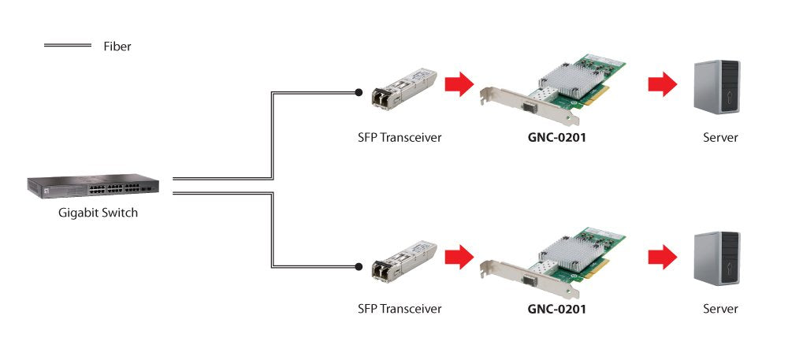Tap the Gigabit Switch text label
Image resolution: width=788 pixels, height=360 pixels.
click(x=98, y=213)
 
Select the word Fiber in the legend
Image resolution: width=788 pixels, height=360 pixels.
click(x=117, y=46)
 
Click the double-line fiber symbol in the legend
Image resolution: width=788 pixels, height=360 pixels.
click(x=68, y=46)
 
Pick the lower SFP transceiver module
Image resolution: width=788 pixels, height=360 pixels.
click(x=404, y=259)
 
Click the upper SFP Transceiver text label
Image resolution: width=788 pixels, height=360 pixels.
click(x=400, y=138)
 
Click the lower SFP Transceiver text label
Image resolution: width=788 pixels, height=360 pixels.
click(x=400, y=309)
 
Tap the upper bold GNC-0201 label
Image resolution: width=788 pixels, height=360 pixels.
click(x=557, y=138)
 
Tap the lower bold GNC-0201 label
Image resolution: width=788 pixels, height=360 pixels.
click(x=557, y=309)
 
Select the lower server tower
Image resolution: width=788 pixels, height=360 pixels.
click(x=716, y=258)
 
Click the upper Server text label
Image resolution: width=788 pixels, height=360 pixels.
click(x=720, y=138)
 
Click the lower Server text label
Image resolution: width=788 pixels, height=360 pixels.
click(x=720, y=309)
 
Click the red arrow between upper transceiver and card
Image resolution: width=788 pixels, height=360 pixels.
click(x=459, y=84)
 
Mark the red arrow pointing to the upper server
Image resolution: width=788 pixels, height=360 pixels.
click(x=663, y=84)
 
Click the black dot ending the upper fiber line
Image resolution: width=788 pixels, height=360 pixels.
click(x=359, y=93)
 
